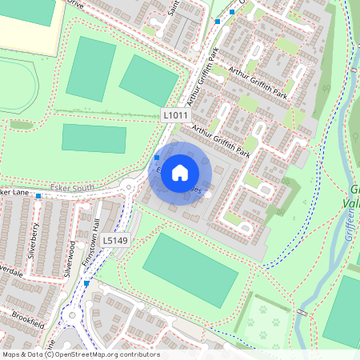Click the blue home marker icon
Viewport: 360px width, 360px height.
pyautogui.click(x=179, y=172)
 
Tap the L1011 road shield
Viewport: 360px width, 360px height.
pyautogui.click(x=176, y=115)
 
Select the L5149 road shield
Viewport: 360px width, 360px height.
pyautogui.click(x=114, y=239)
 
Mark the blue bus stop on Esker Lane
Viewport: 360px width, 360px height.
pyautogui.click(x=38, y=195)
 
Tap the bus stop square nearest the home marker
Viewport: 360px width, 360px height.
pyautogui.click(x=157, y=158)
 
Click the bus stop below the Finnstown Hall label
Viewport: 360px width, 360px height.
pyautogui.click(x=86, y=283)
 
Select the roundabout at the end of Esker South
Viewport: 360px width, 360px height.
pyautogui.click(x=128, y=189)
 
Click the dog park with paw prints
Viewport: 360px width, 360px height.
pyautogui.click(x=265, y=320)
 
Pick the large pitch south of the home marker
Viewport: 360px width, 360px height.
pyautogui.click(x=190, y=263)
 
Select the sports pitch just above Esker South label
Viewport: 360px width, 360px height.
pyautogui.click(x=94, y=138)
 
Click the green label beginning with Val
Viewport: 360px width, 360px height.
pyautogui.click(x=352, y=203)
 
